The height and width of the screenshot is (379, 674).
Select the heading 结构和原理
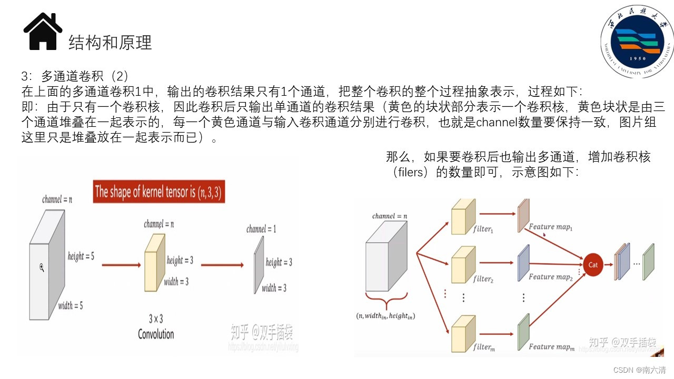coord(110,43)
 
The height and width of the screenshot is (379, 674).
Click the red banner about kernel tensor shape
coord(159,192)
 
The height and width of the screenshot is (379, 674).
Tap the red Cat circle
coord(593,265)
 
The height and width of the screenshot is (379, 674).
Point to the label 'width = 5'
coord(71,306)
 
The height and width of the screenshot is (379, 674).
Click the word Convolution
coord(156,334)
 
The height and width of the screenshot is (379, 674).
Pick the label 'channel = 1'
coord(261,229)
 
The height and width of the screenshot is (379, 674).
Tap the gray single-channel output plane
coord(258,265)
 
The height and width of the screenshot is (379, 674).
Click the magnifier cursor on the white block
coord(42,268)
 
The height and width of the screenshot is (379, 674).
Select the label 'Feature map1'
coord(550,227)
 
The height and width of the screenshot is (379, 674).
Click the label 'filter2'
coord(482,279)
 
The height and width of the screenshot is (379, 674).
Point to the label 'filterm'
coord(483,347)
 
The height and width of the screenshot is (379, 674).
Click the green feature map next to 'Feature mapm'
coord(522,332)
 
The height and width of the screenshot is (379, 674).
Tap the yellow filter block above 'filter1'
coord(462,216)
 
